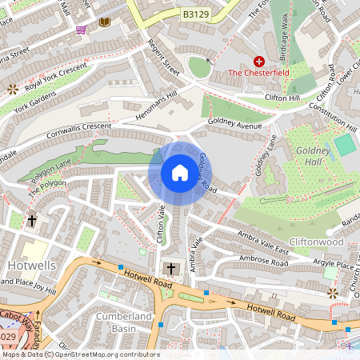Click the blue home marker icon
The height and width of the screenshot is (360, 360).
(x=180, y=173)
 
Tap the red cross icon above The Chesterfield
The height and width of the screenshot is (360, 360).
(x=258, y=61)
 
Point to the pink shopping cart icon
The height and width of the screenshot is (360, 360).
(x=81, y=30)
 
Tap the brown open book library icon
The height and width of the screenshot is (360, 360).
(x=104, y=22)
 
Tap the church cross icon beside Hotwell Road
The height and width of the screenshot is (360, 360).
(x=170, y=268)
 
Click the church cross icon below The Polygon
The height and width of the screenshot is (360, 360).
(x=32, y=219)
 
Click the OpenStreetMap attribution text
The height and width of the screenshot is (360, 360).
(x=80, y=354)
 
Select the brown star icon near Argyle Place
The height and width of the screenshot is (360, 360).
(x=333, y=294)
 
